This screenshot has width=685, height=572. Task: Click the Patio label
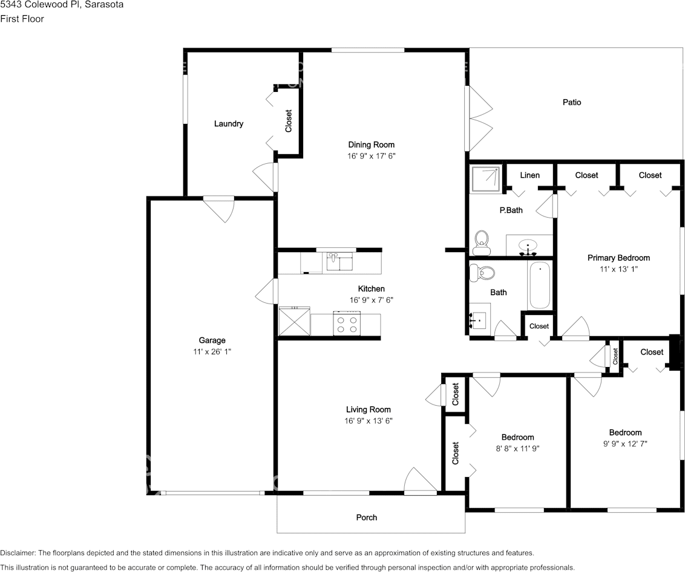pyautogui.click(x=571, y=102)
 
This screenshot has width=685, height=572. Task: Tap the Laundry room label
pyautogui.click(x=229, y=123)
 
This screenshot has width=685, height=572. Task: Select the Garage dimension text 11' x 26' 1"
pyautogui.click(x=212, y=351)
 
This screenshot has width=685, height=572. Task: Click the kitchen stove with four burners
pyautogui.click(x=347, y=323)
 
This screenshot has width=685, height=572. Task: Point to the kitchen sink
pyautogui.click(x=340, y=262)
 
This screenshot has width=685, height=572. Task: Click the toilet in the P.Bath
pyautogui.click(x=482, y=243)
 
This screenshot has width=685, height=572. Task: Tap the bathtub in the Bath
pyautogui.click(x=540, y=285)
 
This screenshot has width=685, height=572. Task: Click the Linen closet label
pyautogui.click(x=529, y=175)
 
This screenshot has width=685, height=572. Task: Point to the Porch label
pyautogui.click(x=367, y=518)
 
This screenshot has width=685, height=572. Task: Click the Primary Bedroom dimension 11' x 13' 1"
pyautogui.click(x=618, y=269)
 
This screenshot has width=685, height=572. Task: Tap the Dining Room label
pyautogui.click(x=372, y=145)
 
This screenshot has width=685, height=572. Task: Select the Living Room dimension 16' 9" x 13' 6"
pyautogui.click(x=369, y=421)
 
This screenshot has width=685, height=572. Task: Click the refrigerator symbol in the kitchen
pyautogui.click(x=295, y=321)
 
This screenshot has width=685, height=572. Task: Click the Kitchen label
pyautogui.click(x=372, y=288)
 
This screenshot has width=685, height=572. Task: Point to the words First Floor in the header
pyautogui.click(x=22, y=19)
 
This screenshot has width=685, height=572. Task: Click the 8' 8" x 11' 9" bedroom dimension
pyautogui.click(x=517, y=449)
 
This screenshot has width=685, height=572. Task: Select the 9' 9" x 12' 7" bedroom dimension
pyautogui.click(x=625, y=444)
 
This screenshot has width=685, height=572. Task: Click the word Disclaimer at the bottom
pyautogui.click(x=18, y=553)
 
